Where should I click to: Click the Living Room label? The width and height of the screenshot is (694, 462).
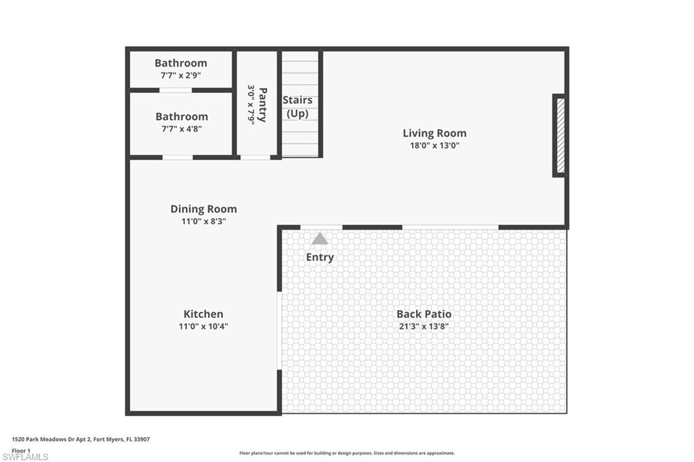click(434, 133)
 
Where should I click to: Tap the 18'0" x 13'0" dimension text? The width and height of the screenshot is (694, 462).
click(434, 146)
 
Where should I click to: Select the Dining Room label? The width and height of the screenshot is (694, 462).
click(203, 209)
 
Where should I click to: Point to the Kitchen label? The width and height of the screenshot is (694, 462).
click(203, 314)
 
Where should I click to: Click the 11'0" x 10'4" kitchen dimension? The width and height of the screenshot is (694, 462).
click(203, 327)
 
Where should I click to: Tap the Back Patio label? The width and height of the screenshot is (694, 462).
click(424, 314)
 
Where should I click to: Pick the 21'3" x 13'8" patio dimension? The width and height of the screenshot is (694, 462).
click(424, 327)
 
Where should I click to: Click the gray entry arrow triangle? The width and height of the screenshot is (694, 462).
click(320, 239)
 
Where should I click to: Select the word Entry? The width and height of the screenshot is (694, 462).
click(320, 257)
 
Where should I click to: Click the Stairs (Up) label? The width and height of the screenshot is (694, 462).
click(298, 107)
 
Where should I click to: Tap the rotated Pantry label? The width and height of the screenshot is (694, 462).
click(262, 104)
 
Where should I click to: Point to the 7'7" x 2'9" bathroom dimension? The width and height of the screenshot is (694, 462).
click(181, 75)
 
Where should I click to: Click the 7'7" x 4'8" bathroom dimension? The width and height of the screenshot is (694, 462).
click(182, 129)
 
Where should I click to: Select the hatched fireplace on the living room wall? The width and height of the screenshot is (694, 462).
click(560, 135)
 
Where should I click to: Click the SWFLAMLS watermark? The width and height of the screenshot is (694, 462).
click(26, 457)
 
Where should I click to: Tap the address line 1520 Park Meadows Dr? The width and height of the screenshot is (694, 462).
click(81, 440)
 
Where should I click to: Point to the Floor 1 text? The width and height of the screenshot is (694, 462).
click(21, 450)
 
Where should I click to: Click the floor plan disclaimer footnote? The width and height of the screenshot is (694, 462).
click(347, 453)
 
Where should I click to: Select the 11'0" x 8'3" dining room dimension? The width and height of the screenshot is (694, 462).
click(203, 222)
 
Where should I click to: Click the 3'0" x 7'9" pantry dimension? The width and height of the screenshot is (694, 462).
click(251, 104)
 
